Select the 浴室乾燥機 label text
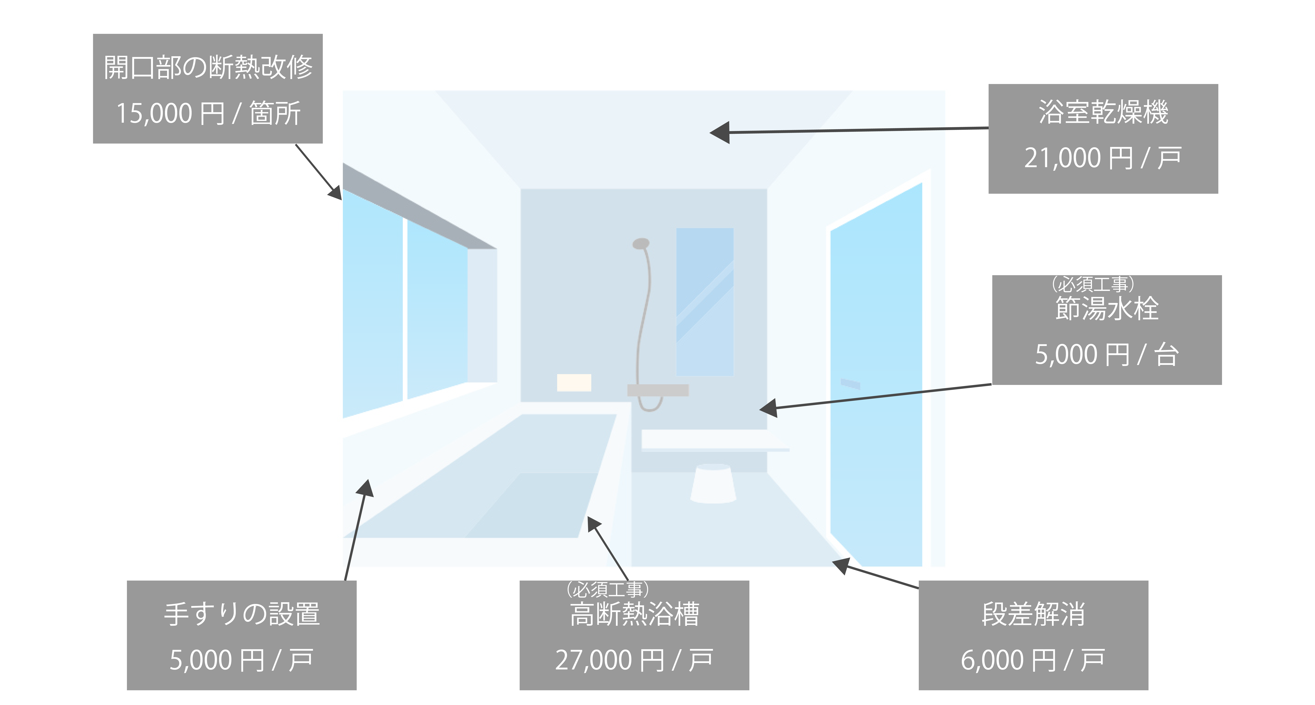[x=1103, y=112]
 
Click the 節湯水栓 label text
[x=1107, y=309]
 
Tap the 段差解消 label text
[x=1033, y=614]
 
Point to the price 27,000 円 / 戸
[x=634, y=660]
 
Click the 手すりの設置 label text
[x=241, y=614]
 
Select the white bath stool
[x=713, y=483]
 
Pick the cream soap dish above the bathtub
[x=574, y=383]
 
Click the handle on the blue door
[x=850, y=383]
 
